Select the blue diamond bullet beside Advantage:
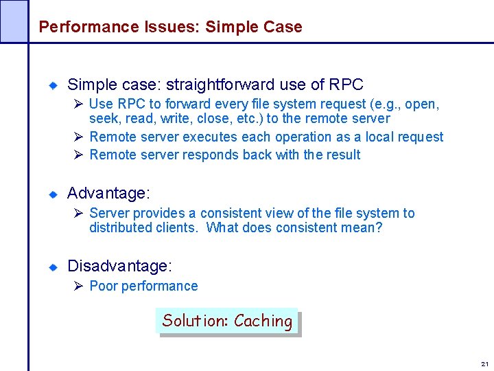pos(52,194)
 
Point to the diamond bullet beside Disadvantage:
pos(52,266)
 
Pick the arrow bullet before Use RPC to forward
pos(78,104)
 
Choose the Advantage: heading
pos(108,194)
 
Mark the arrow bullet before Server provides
pos(78,214)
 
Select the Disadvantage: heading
pos(120,265)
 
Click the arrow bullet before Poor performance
pos(78,286)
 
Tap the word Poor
pos(104,286)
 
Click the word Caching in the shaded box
pos(263,321)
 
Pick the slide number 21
pos(484,363)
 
